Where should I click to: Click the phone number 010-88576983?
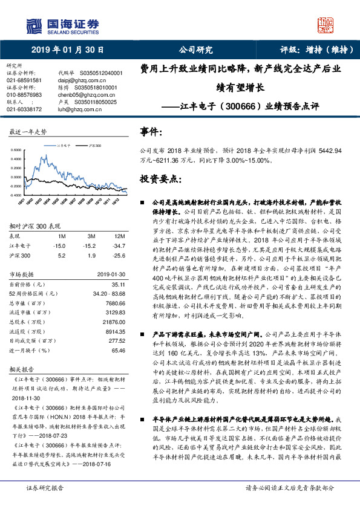[x=24, y=95]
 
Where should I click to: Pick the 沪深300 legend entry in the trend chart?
[x=94, y=146]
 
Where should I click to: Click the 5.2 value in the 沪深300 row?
[x=59, y=254]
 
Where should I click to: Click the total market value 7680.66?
[x=115, y=303]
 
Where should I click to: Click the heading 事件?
[x=152, y=131]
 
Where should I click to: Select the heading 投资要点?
[x=160, y=179]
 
